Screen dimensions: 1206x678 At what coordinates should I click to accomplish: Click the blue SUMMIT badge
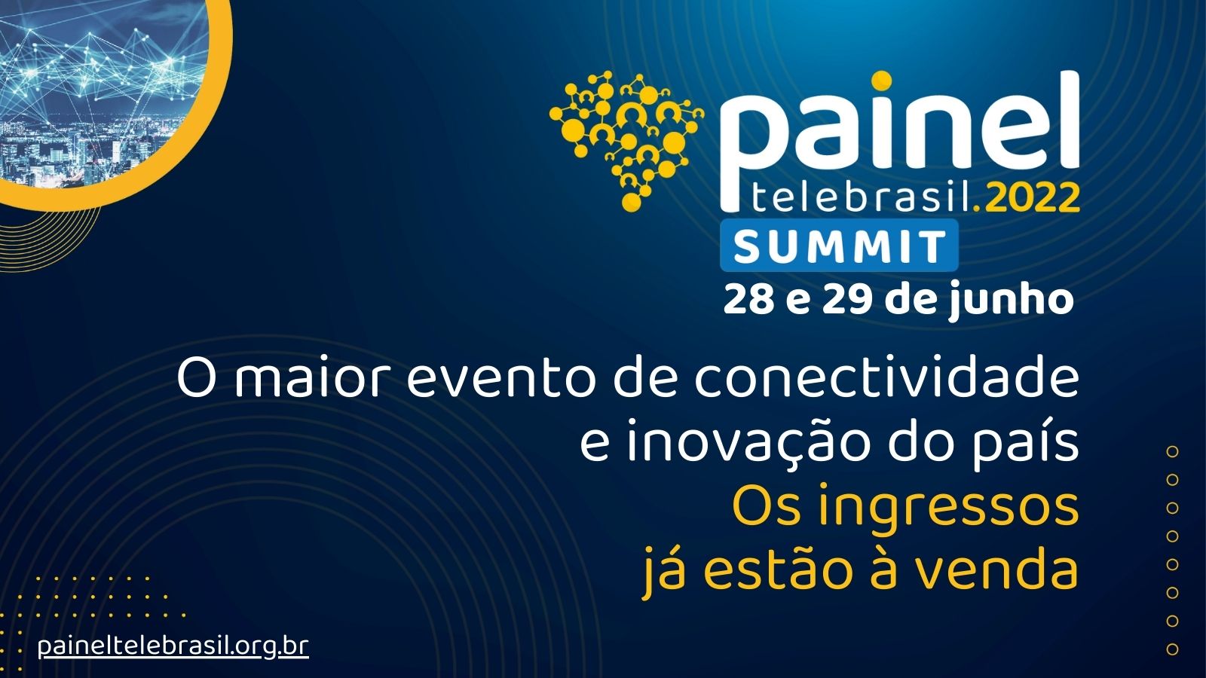(840, 246)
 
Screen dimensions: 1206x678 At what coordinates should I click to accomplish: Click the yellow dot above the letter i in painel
(881, 81)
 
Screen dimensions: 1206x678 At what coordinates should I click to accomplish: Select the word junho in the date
(1011, 302)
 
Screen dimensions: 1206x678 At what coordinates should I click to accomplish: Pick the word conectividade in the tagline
(886, 379)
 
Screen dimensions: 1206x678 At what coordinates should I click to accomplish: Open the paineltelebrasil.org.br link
(173, 646)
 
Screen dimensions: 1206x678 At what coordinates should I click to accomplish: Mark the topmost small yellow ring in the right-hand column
(1173, 451)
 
